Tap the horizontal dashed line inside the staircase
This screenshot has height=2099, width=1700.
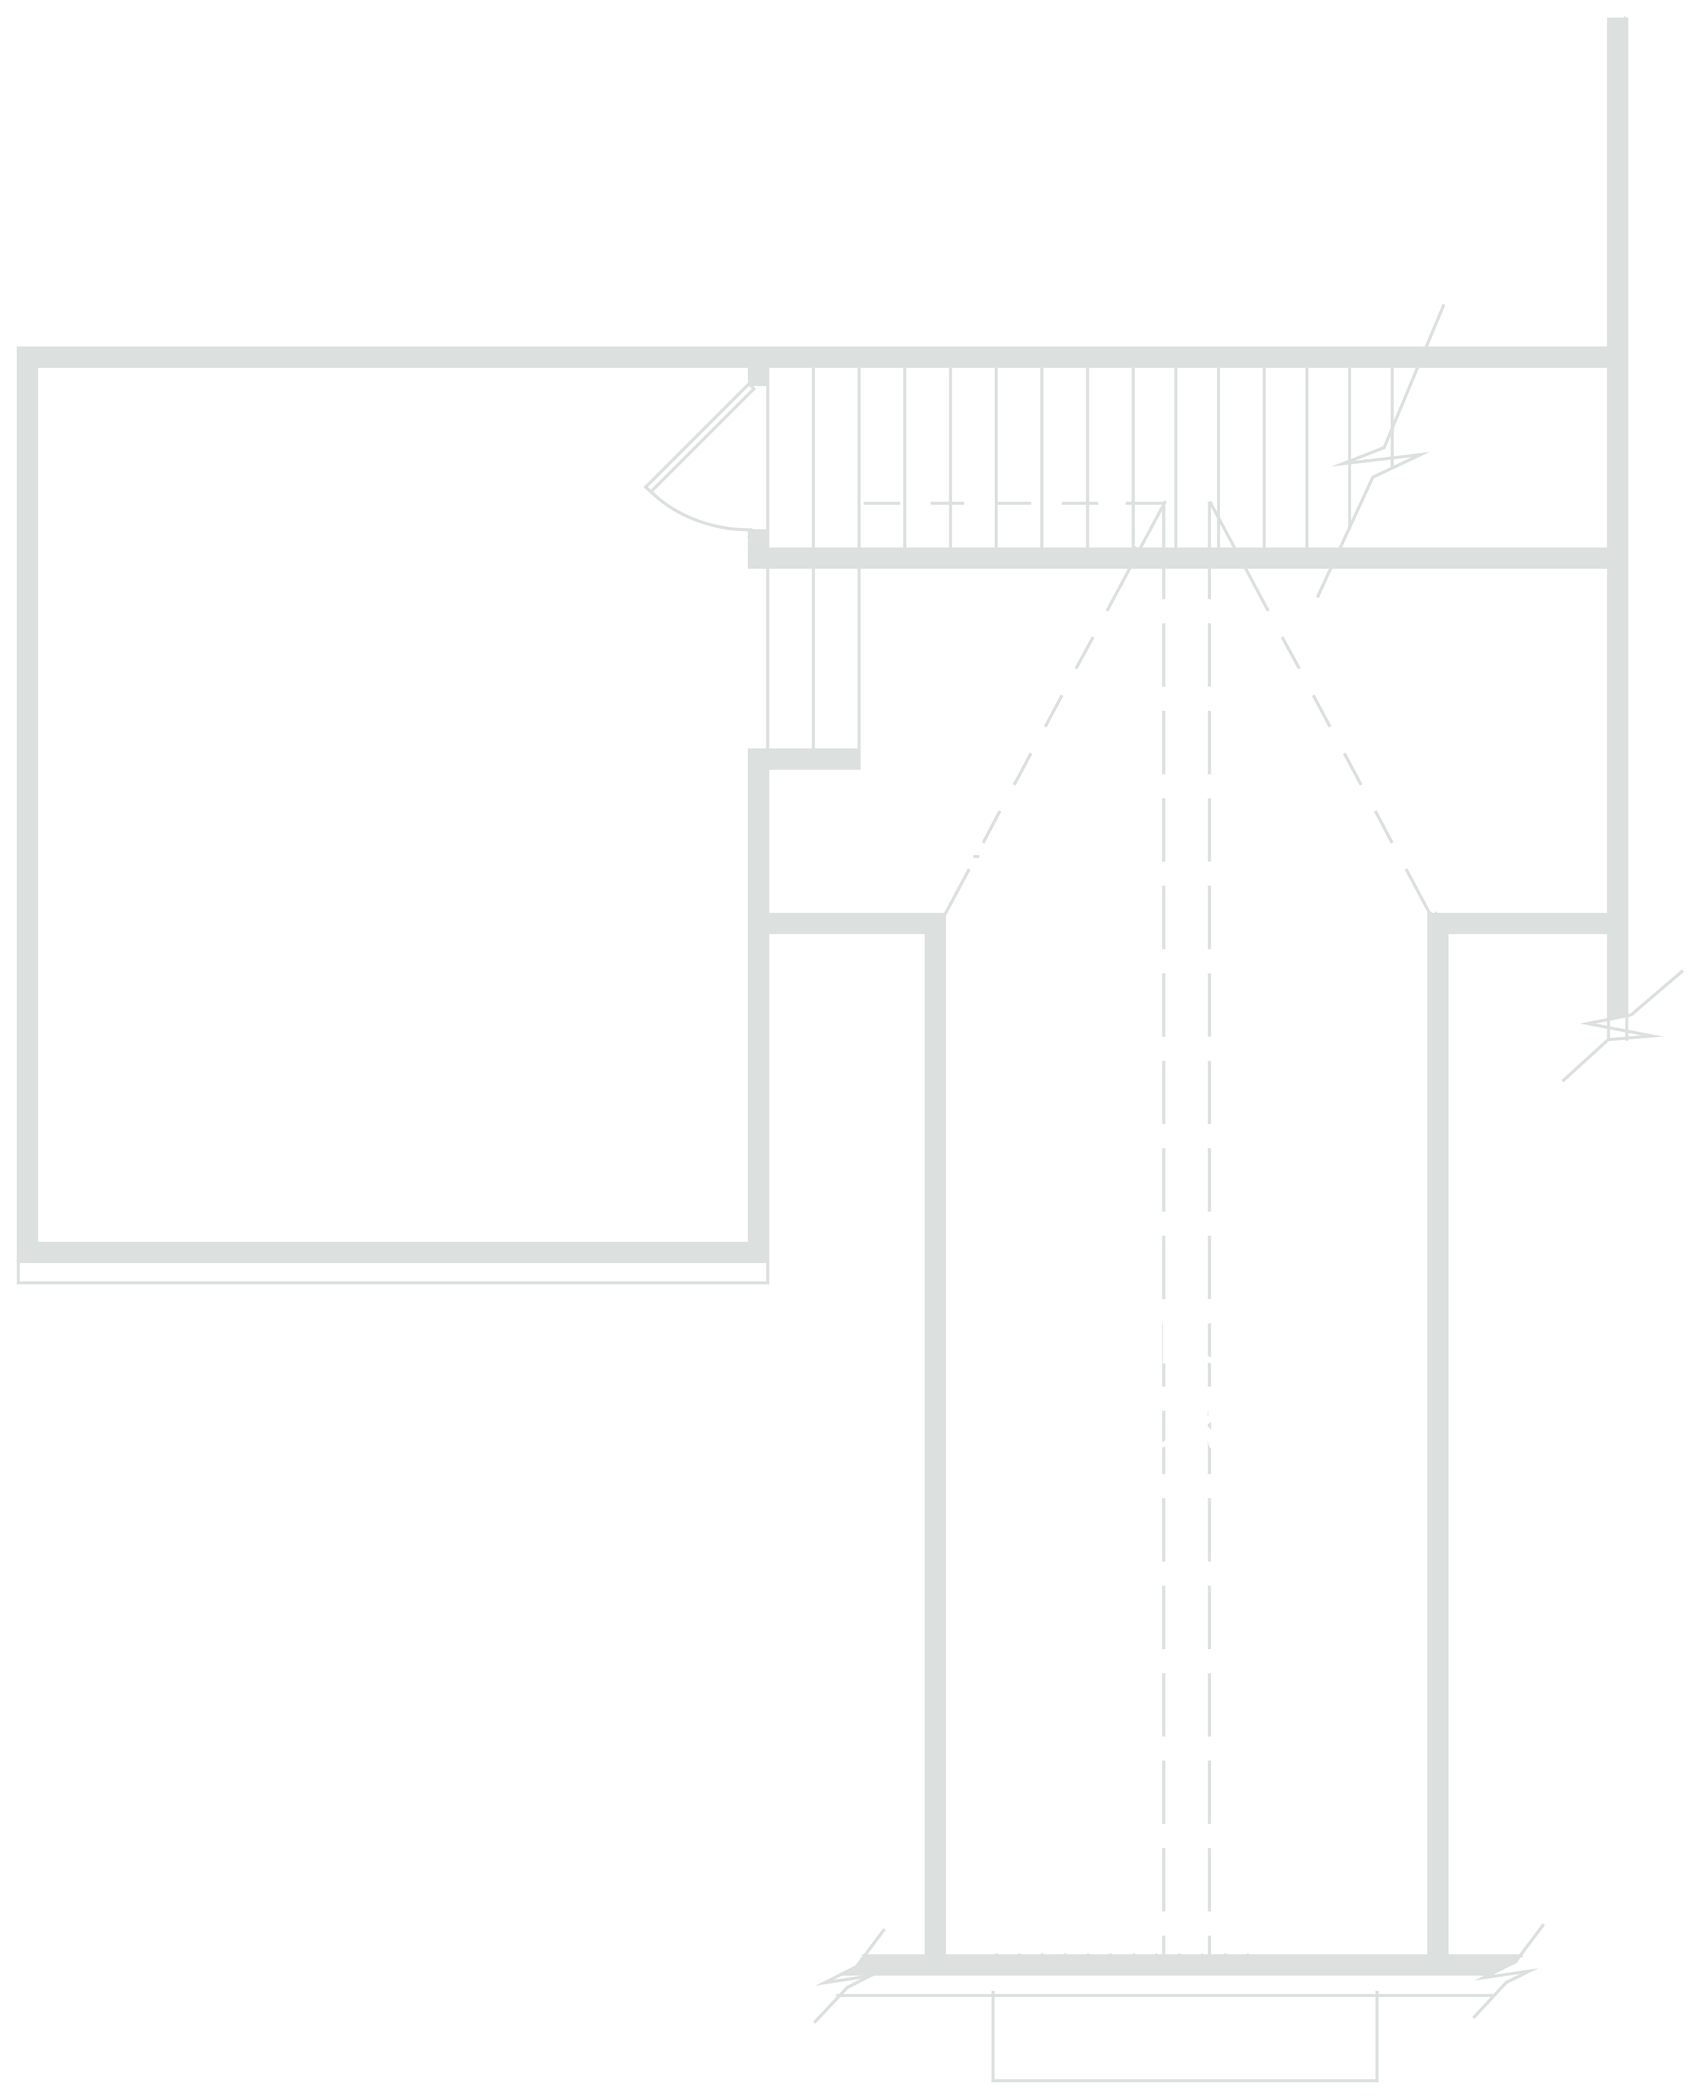pyautogui.click(x=1008, y=504)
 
